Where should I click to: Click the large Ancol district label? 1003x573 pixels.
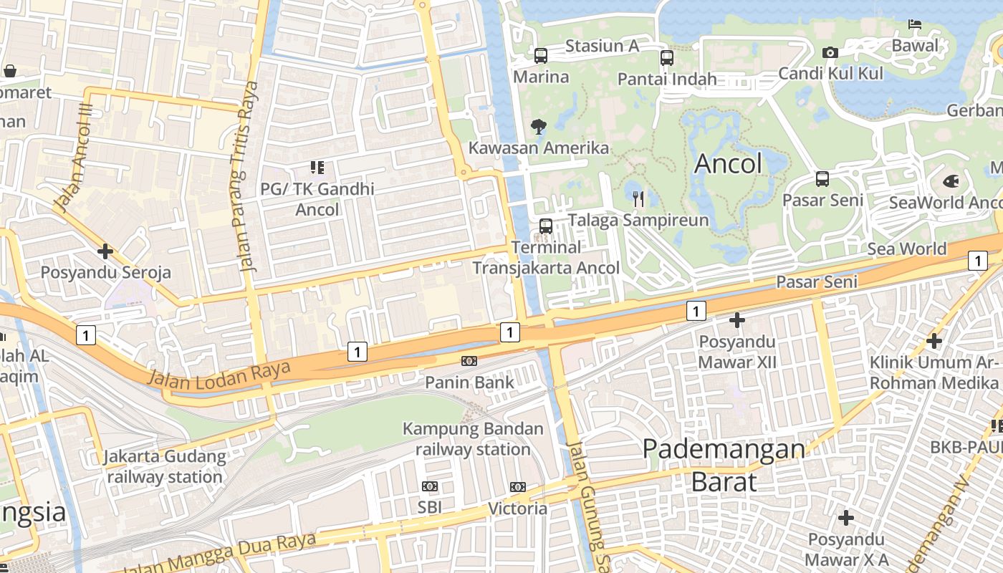(x=729, y=164)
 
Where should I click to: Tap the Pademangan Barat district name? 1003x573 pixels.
(x=724, y=466)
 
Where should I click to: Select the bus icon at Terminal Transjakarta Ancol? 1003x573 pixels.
(x=546, y=226)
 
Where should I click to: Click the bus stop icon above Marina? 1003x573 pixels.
(x=541, y=55)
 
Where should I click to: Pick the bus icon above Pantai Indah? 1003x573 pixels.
(x=667, y=58)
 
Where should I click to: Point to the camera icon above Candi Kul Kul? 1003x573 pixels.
(x=830, y=52)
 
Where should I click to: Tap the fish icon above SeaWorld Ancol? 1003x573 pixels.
(x=951, y=181)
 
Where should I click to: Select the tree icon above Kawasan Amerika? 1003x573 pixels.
(x=538, y=127)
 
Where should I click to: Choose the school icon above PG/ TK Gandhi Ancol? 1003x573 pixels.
(x=317, y=168)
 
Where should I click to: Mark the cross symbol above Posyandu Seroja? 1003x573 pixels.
(x=105, y=251)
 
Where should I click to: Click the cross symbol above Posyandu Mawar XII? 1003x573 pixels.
(x=736, y=320)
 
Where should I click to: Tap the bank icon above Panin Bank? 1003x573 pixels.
(x=469, y=361)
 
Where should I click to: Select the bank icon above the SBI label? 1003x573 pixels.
(x=430, y=486)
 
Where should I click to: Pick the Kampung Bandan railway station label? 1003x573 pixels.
(x=473, y=439)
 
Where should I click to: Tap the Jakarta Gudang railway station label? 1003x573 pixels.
(x=165, y=466)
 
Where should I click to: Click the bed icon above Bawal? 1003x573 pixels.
(x=915, y=24)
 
